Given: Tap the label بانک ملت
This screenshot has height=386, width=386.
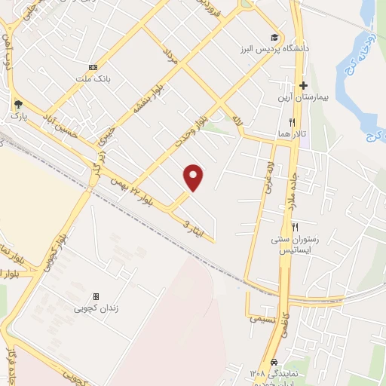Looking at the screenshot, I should coord(93,78).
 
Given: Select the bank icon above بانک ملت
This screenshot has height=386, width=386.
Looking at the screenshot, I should coord(93,67).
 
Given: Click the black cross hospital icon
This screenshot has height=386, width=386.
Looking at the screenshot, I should coord(304,86).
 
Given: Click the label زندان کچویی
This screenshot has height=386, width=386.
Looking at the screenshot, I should coord(96,308).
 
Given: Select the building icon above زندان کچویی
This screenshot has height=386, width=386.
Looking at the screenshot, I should coord(96,297).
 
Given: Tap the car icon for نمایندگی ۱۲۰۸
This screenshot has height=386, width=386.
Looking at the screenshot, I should coord(274,362).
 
